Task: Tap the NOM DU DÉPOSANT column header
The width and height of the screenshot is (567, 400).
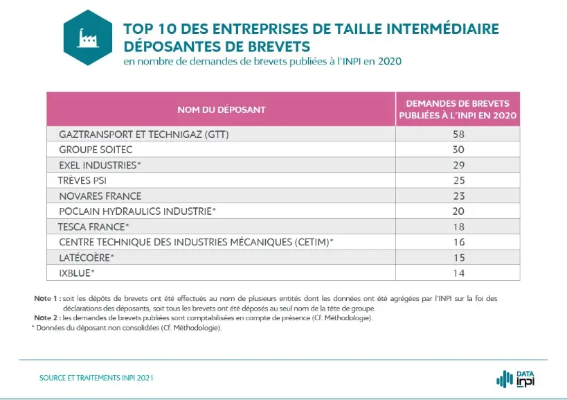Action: (221, 110)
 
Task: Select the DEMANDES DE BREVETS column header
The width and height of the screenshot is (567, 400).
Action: (458, 110)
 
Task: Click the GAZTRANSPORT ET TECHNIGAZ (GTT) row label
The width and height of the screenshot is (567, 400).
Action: (144, 134)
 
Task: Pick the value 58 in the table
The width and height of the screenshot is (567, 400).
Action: (458, 134)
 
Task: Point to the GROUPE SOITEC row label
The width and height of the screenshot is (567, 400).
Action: (96, 150)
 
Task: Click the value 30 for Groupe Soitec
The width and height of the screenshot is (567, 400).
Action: (458, 150)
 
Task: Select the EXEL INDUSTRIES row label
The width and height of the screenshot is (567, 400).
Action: (100, 165)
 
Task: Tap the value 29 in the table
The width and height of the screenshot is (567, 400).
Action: (458, 165)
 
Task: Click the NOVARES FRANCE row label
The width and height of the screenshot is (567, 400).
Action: (100, 196)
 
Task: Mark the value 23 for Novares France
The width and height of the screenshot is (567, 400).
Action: (458, 196)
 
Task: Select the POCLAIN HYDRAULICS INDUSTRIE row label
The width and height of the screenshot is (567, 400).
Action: (138, 211)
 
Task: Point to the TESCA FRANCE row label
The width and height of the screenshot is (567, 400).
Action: (93, 227)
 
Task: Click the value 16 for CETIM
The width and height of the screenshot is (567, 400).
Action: (458, 242)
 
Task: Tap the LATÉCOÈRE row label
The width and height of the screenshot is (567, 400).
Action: (87, 257)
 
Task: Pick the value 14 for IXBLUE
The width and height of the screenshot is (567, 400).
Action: (458, 272)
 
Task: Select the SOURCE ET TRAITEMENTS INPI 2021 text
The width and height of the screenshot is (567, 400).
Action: (96, 378)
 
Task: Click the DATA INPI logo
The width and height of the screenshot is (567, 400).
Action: (516, 379)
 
